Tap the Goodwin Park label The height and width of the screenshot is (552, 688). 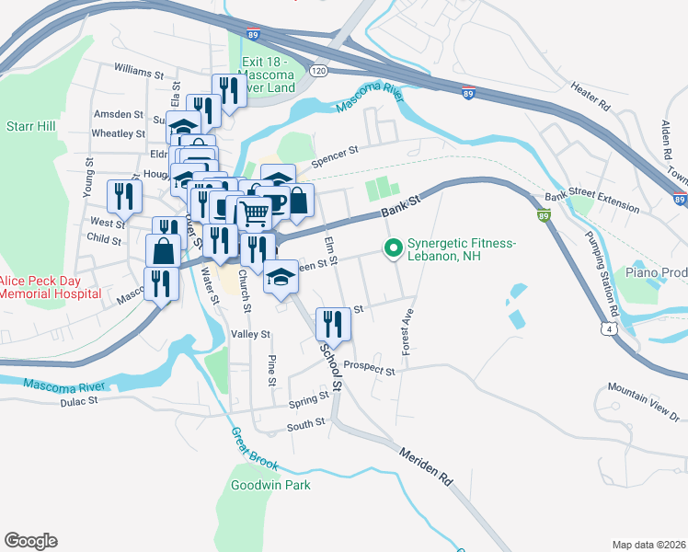270,485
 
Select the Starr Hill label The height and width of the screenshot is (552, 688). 27,125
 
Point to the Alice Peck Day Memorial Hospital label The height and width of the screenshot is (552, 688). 50,287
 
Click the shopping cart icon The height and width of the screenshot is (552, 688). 256,213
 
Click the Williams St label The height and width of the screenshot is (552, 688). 139,69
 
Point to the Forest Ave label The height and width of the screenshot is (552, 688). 404,332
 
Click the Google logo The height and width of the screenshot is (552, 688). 30,541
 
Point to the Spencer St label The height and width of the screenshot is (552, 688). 333,155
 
